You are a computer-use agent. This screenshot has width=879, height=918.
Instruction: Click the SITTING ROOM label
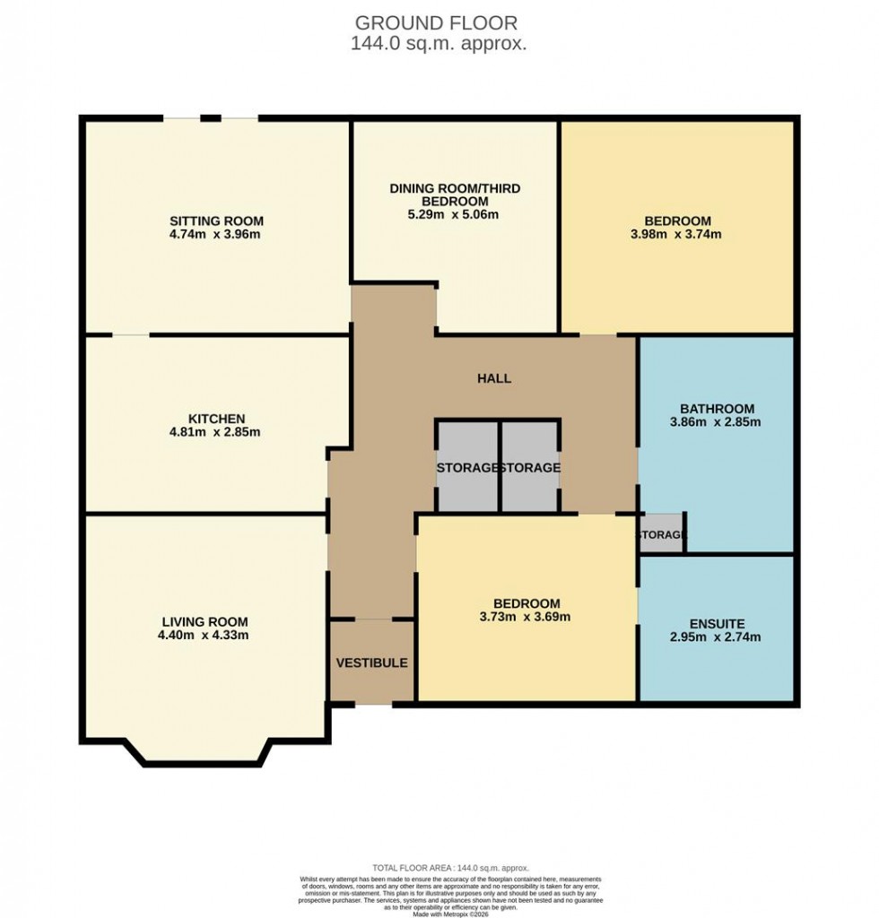coord(217,221)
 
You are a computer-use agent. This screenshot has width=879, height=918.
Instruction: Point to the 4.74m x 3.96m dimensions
coord(217,235)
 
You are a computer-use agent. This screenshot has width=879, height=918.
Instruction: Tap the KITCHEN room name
coord(216,419)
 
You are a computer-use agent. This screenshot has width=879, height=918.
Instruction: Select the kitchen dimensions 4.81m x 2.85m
coord(216,432)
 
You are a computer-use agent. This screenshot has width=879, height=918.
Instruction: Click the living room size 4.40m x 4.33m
coord(205,636)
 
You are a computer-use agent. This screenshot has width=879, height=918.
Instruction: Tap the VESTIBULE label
coord(371,663)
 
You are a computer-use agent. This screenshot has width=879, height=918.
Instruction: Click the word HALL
coord(494,378)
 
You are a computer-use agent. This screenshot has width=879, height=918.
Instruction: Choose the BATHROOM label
coord(717,409)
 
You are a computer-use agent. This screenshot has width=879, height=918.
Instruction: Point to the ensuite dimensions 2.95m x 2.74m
coord(717,637)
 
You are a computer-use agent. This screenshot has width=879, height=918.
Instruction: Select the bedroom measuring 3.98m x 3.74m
coord(677,228)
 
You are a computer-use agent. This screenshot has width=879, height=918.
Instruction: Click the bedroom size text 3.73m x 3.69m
coord(527,617)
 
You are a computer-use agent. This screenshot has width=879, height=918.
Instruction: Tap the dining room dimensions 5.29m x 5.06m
coord(455,215)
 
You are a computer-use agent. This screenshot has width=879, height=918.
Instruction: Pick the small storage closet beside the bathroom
coord(661,535)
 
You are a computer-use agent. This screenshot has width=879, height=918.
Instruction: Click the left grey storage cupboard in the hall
coord(467,467)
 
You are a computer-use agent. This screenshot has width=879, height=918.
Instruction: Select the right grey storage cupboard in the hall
coord(530,467)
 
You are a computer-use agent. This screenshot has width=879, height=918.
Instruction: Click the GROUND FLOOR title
coord(437,22)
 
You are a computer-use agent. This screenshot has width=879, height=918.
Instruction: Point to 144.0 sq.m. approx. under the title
coord(439,44)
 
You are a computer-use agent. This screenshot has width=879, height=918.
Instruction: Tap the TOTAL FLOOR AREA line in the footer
coord(451,868)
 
